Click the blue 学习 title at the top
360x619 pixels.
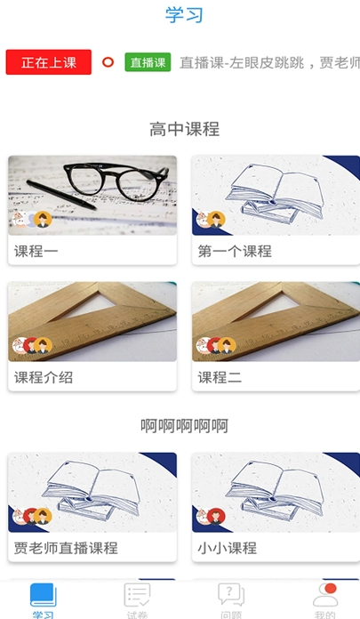pyautogui.click(x=184, y=15)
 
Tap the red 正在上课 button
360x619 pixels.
pyautogui.click(x=49, y=62)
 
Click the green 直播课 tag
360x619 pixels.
pyautogui.click(x=148, y=62)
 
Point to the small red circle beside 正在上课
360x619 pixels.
pyautogui.click(x=108, y=62)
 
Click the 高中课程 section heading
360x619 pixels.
pyautogui.click(x=184, y=129)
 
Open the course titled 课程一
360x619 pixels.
pyautogui.click(x=36, y=251)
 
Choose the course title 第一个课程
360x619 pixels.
pyautogui.click(x=235, y=251)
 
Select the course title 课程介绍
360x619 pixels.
pyautogui.click(x=44, y=377)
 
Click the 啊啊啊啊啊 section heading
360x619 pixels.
pyautogui.click(x=184, y=426)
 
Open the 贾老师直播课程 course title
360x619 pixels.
pyautogui.click(x=66, y=548)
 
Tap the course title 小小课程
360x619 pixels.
pyautogui.click(x=227, y=548)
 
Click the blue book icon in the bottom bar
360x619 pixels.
pyautogui.click(x=43, y=595)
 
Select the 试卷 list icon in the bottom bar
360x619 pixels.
pyautogui.click(x=137, y=595)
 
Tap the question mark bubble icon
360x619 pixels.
pyautogui.click(x=231, y=595)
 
